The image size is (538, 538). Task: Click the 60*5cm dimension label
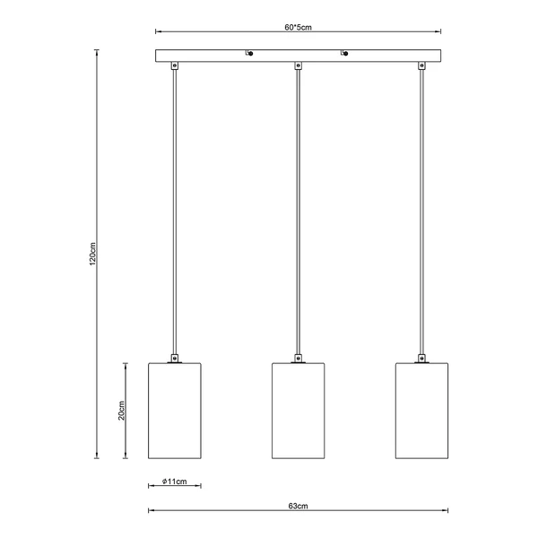(298, 27)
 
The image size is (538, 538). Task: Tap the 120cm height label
(92, 254)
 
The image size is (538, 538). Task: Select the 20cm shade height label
(121, 411)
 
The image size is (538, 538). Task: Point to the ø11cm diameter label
(175, 482)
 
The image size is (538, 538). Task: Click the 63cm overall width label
(298, 506)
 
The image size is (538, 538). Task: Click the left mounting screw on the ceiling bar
(249, 53)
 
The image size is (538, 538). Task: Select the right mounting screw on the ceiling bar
(344, 53)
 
